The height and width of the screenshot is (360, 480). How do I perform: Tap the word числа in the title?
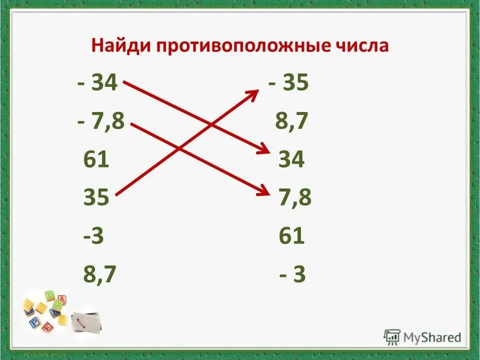pos(359,46)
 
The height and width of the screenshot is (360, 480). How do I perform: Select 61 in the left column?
pos(96,160)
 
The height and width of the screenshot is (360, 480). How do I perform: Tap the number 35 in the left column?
pos(96,198)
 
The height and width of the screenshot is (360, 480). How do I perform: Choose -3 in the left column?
pos(93,236)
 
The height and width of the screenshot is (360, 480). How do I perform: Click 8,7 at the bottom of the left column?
pos(99,274)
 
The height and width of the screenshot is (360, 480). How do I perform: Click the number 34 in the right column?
pos(291,160)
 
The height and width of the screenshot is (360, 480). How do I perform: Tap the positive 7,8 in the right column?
pos(295,198)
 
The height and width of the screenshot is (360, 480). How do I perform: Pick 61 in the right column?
pos(291,236)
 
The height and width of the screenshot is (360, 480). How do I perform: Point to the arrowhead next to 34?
pos(263,150)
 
